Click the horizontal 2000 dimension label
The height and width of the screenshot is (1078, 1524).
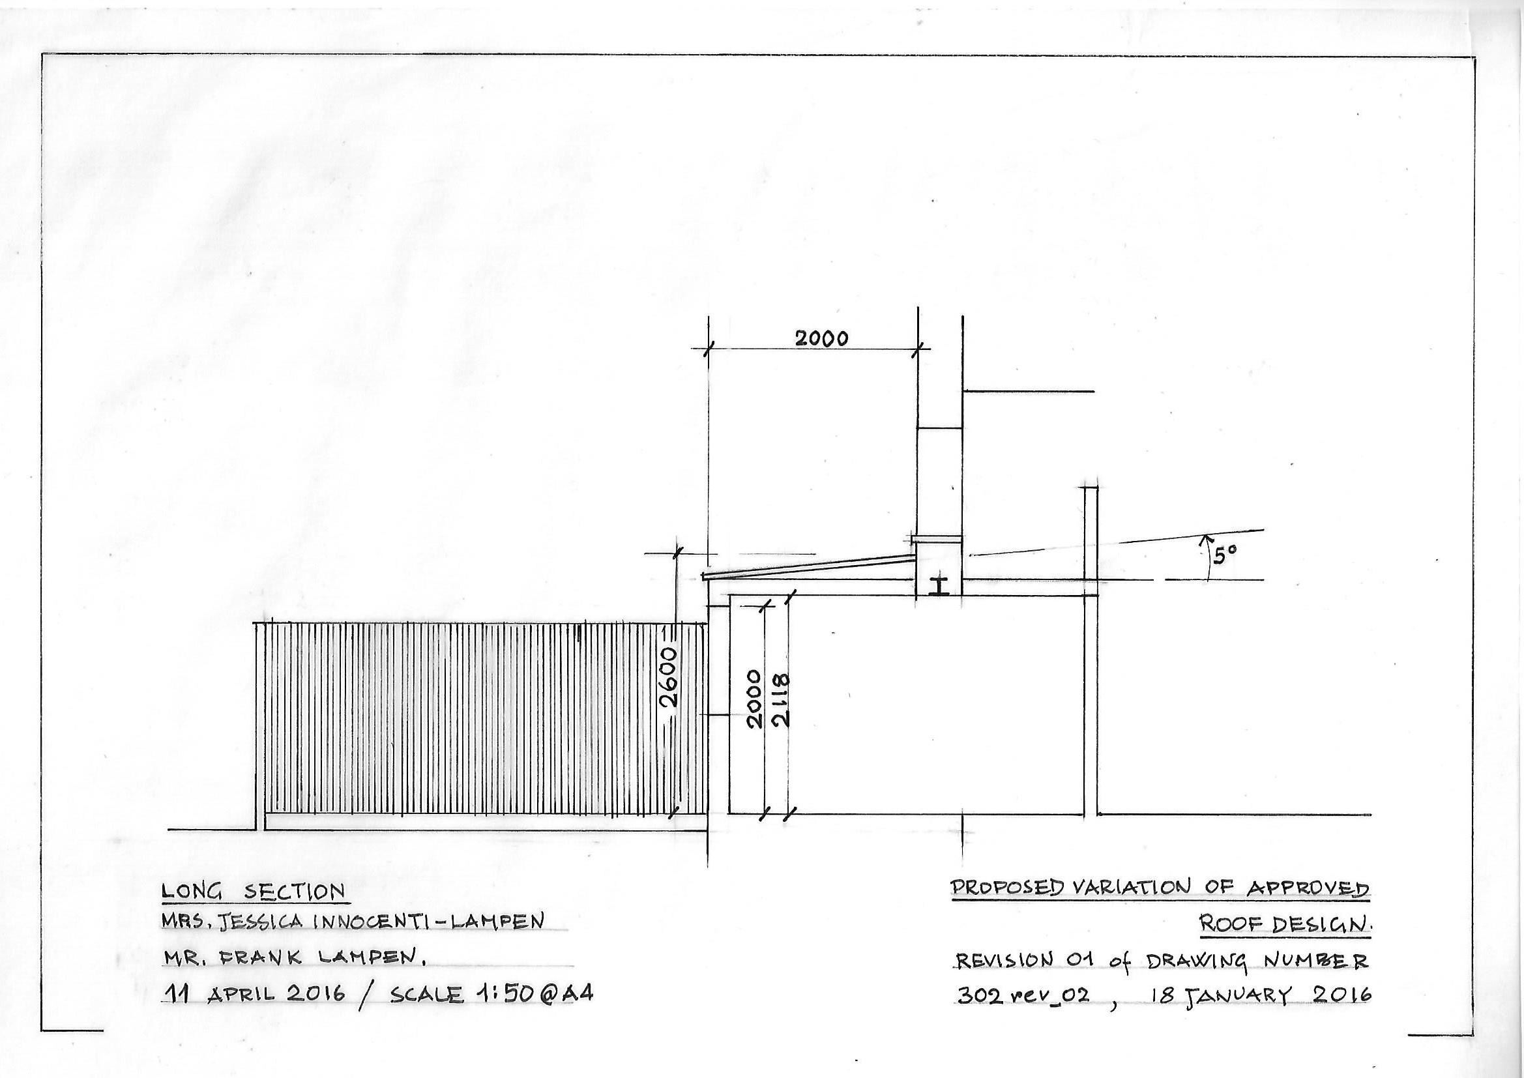822,339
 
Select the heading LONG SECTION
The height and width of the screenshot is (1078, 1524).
254,892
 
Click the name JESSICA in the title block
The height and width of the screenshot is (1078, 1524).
263,923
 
